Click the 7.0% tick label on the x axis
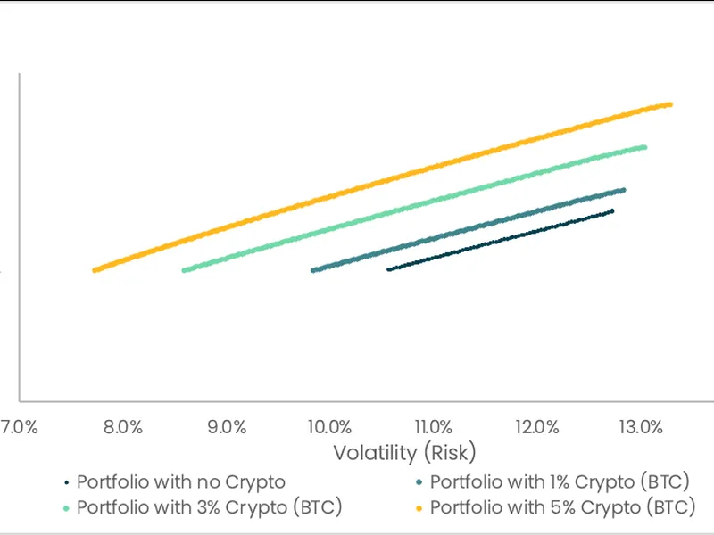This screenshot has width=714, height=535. click(18, 426)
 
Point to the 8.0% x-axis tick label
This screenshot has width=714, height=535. click(123, 426)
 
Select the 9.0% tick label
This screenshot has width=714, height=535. click(227, 426)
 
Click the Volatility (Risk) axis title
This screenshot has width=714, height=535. click(404, 452)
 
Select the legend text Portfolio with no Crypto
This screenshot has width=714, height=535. click(181, 482)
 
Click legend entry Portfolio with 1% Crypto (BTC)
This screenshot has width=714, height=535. click(560, 482)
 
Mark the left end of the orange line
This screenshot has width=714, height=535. click(95, 270)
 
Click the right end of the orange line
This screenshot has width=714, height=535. click(669, 104)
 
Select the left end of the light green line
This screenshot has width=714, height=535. click(184, 270)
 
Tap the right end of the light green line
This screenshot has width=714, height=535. click(644, 147)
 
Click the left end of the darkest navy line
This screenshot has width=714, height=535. click(388, 269)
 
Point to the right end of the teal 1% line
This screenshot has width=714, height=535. click(623, 190)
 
